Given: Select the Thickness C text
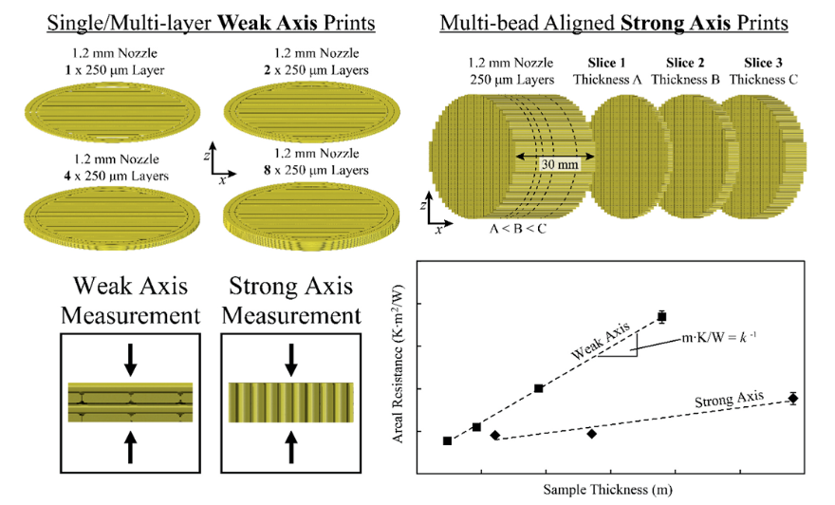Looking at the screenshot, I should point(764,79).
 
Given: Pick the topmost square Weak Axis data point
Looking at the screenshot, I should point(662,316).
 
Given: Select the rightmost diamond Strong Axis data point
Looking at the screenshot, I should point(793,399).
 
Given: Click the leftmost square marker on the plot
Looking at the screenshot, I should point(448,440).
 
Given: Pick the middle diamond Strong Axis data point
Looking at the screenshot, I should point(592,434).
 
